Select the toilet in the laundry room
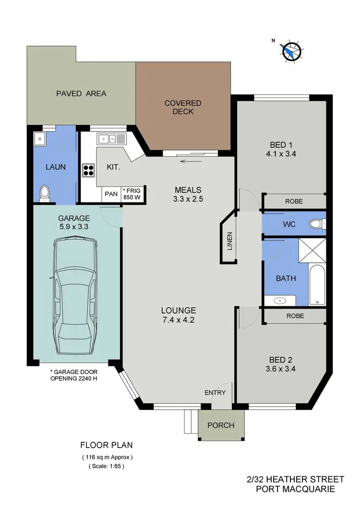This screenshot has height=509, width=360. pyautogui.click(x=44, y=193)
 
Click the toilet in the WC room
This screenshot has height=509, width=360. pyautogui.click(x=317, y=223)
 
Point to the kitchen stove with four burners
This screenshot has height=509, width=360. pyautogui.click(x=88, y=170)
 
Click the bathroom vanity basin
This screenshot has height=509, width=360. pyautogui.click(x=280, y=301)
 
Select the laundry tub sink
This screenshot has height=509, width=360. pyautogui.click(x=40, y=140)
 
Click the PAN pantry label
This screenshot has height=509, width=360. pyautogui.click(x=111, y=194)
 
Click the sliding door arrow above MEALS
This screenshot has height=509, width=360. pyautogui.click(x=191, y=161)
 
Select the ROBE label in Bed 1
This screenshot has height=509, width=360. pyautogui.click(x=294, y=201)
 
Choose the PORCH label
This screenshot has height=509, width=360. pyautogui.click(x=221, y=425)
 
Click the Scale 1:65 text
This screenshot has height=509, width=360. pyautogui.click(x=106, y=466)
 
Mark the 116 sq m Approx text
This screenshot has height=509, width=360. pyautogui.click(x=106, y=457)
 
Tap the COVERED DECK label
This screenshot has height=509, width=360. pyautogui.click(x=183, y=107)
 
